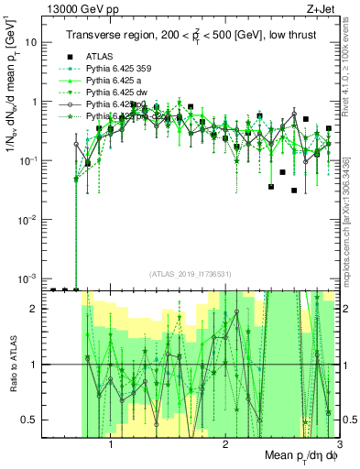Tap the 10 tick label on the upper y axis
[x=31, y=42]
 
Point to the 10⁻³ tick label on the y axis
[x=27, y=278]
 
